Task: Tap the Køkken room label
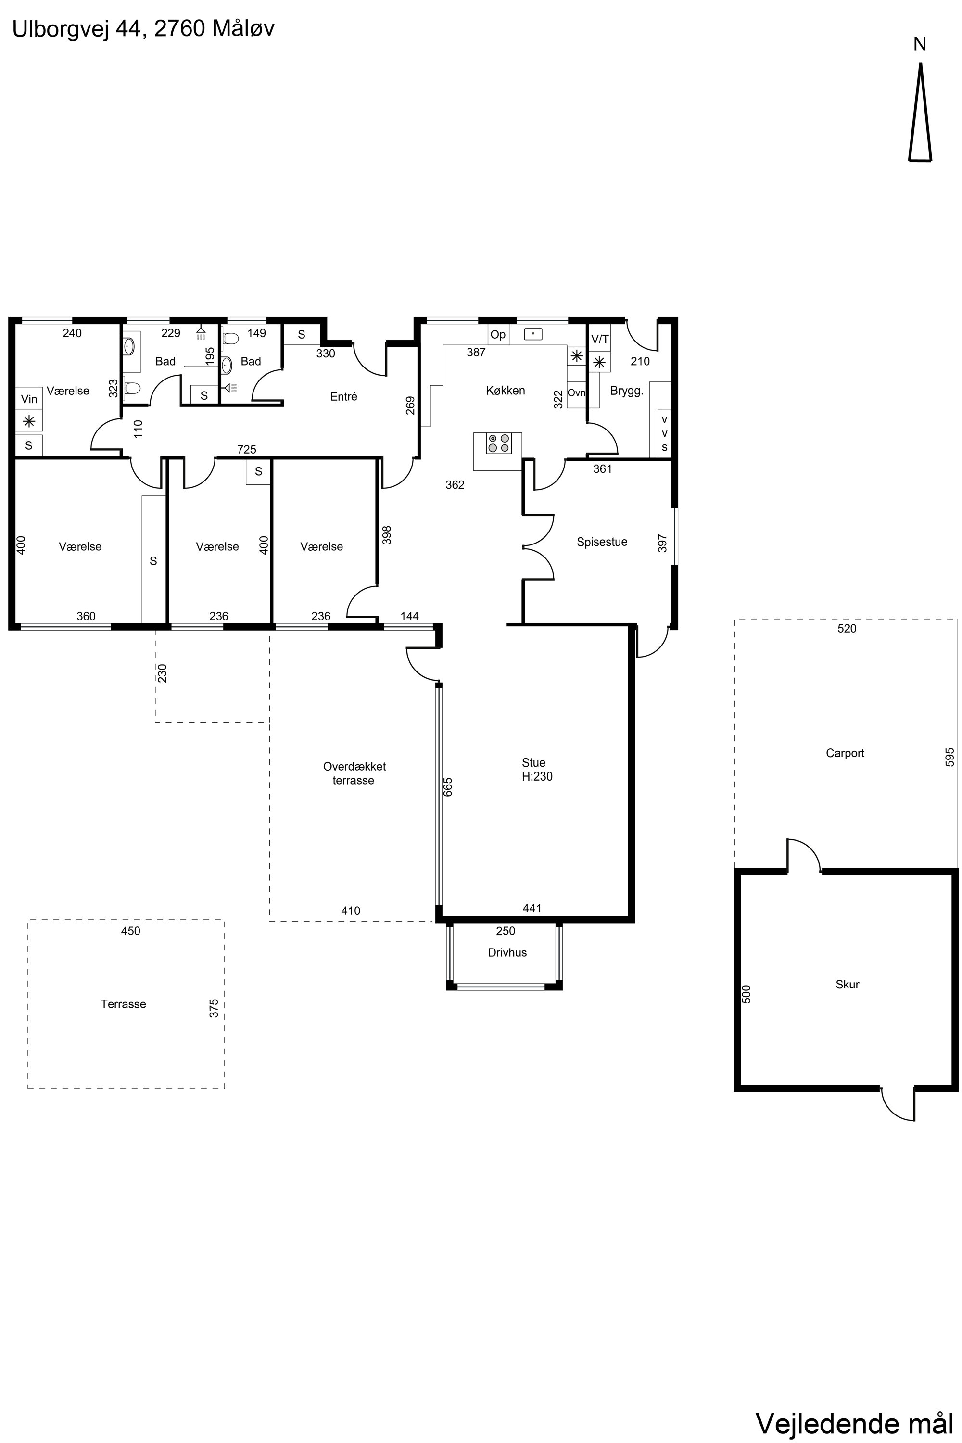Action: pos(506,391)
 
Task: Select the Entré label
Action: pos(343,397)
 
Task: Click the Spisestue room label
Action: pos(602,543)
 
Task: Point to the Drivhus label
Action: pos(507,953)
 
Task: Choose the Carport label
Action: pos(845,753)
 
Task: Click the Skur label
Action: pos(847,985)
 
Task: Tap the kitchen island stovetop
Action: pos(499,443)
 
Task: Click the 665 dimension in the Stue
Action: pos(448,787)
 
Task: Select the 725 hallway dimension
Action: pos(247,450)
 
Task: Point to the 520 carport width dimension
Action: pos(847,629)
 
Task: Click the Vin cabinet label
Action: pos(29,399)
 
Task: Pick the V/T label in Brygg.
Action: pos(600,339)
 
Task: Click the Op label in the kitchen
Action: pos(498,335)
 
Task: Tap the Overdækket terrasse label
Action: pos(354,773)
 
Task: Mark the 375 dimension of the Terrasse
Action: pos(214,1009)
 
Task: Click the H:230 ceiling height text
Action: pos(537,777)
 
